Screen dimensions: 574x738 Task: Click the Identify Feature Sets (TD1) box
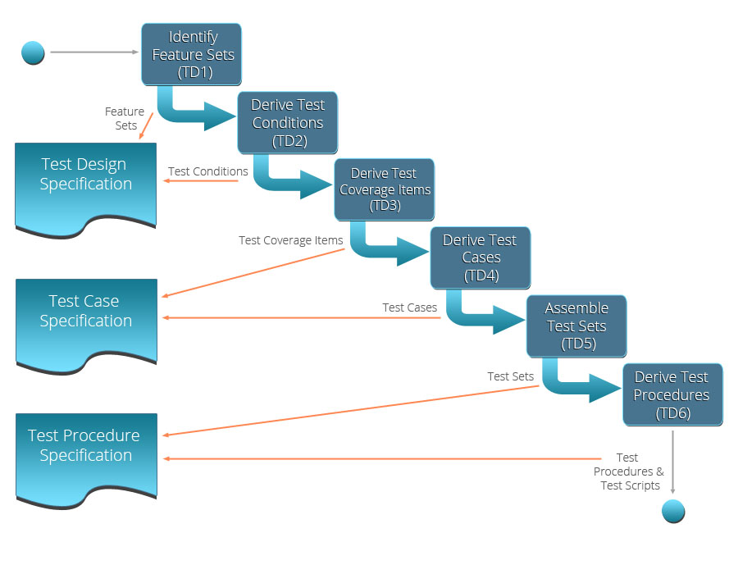[192, 54]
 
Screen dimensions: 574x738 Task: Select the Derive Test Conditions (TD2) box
[288, 122]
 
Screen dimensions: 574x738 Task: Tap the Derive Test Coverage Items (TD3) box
[384, 189]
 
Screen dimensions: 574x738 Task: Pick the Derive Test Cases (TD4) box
[481, 257]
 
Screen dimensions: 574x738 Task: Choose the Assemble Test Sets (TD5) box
[576, 326]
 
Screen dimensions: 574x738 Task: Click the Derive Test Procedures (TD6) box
[672, 394]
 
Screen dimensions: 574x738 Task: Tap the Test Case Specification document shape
[85, 320]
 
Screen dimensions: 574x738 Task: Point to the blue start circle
[33, 52]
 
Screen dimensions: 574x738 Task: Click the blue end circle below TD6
[672, 512]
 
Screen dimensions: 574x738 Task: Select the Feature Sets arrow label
[125, 118]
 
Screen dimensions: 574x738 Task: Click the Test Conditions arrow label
[208, 171]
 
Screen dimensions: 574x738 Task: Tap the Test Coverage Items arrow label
[291, 240]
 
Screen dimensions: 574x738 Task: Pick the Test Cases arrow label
[409, 307]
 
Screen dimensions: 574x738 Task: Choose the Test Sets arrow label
[510, 376]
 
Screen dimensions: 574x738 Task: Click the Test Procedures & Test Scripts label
[629, 471]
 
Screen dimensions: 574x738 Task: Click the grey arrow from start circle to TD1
[94, 52]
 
